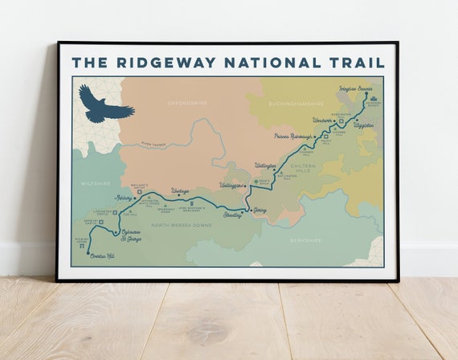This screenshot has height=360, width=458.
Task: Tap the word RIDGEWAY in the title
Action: [x=176, y=62]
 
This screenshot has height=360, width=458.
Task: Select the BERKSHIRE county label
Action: [x=306, y=240]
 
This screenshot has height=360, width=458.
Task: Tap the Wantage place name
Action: [x=180, y=191]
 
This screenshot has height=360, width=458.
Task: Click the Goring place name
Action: [x=259, y=211]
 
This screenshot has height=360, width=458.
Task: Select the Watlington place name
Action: [x=264, y=166]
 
